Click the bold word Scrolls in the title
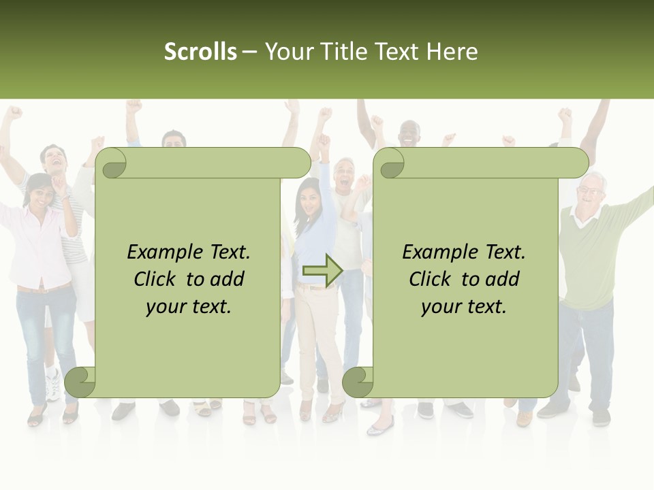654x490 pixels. [x=200, y=52]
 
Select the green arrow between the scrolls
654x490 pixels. [x=322, y=270]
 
